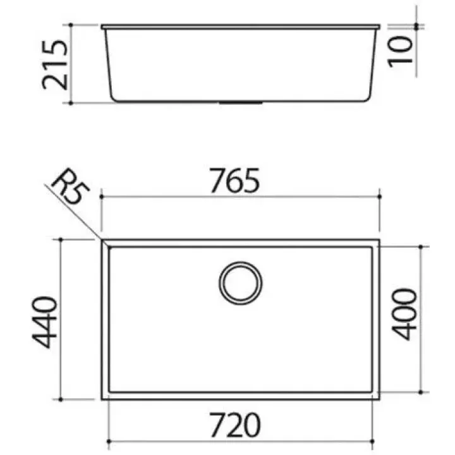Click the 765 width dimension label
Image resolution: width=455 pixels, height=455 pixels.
pyautogui.click(x=234, y=181)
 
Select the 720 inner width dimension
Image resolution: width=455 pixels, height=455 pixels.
pyautogui.click(x=235, y=425)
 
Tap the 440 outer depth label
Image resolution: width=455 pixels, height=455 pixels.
pyautogui.click(x=44, y=322)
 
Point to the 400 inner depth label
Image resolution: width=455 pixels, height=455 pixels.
pyautogui.click(x=404, y=314)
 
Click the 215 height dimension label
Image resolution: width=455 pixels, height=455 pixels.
pyautogui.click(x=55, y=64)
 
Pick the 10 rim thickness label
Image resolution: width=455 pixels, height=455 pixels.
pyautogui.click(x=401, y=52)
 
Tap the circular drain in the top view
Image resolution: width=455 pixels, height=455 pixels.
pyautogui.click(x=241, y=283)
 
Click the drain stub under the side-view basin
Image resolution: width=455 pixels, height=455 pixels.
pyautogui.click(x=241, y=102)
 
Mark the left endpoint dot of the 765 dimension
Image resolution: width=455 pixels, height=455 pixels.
pyautogui.click(x=101, y=197)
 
